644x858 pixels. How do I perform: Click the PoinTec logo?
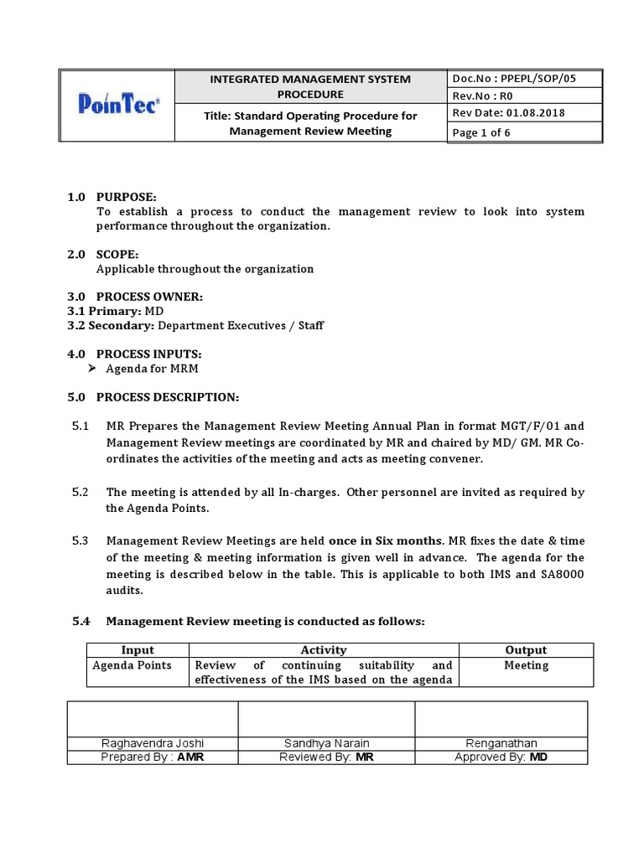point(117,106)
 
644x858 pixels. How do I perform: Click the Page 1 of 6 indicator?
point(481,132)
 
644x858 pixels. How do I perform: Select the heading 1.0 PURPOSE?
point(112,197)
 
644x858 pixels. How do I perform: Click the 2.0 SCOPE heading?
point(103,253)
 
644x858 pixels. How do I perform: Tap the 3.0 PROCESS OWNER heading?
point(134,297)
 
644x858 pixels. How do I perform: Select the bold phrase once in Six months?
point(385,541)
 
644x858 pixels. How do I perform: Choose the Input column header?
point(138,649)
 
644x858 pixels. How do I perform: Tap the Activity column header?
point(323,649)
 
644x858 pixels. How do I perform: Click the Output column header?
point(526,649)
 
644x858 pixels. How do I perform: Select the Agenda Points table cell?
point(132,665)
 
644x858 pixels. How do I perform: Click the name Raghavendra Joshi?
point(152,743)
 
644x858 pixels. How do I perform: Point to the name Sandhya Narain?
point(328,743)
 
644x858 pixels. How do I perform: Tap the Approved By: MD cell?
point(501,757)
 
